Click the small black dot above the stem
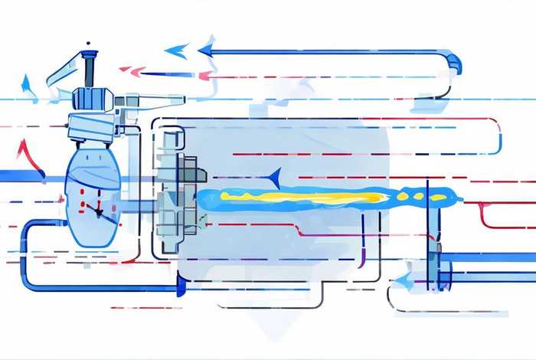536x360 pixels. click(x=89, y=44)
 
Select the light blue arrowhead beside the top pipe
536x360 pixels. click(x=177, y=51)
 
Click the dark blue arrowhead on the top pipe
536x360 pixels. click(x=205, y=51)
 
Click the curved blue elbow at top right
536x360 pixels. click(x=453, y=61)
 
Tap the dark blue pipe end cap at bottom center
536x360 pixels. click(x=181, y=286)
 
